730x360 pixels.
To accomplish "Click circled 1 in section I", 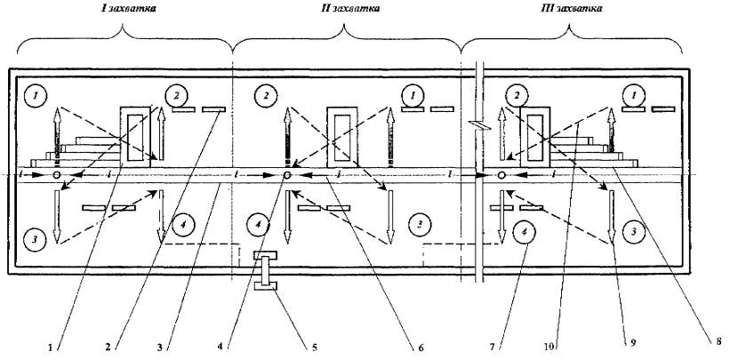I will pos(34,92).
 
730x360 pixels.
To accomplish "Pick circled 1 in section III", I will pos(634,92).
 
